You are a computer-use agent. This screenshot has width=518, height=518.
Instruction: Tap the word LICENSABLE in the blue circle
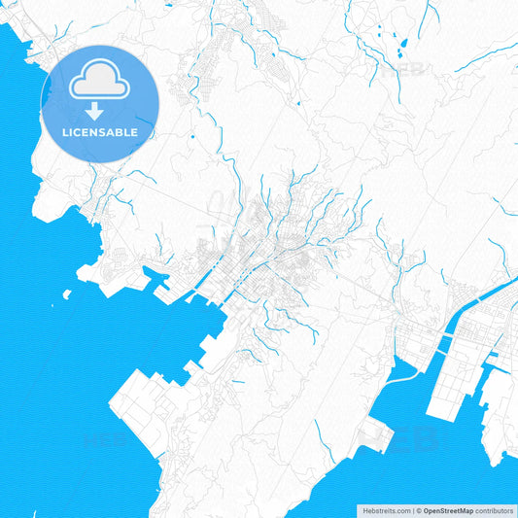[x=101, y=132]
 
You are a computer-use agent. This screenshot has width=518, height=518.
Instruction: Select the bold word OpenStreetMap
[x=447, y=509]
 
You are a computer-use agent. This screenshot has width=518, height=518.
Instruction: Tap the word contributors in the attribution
[x=494, y=509]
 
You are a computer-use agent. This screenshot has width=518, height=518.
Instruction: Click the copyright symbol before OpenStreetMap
[x=416, y=509]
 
